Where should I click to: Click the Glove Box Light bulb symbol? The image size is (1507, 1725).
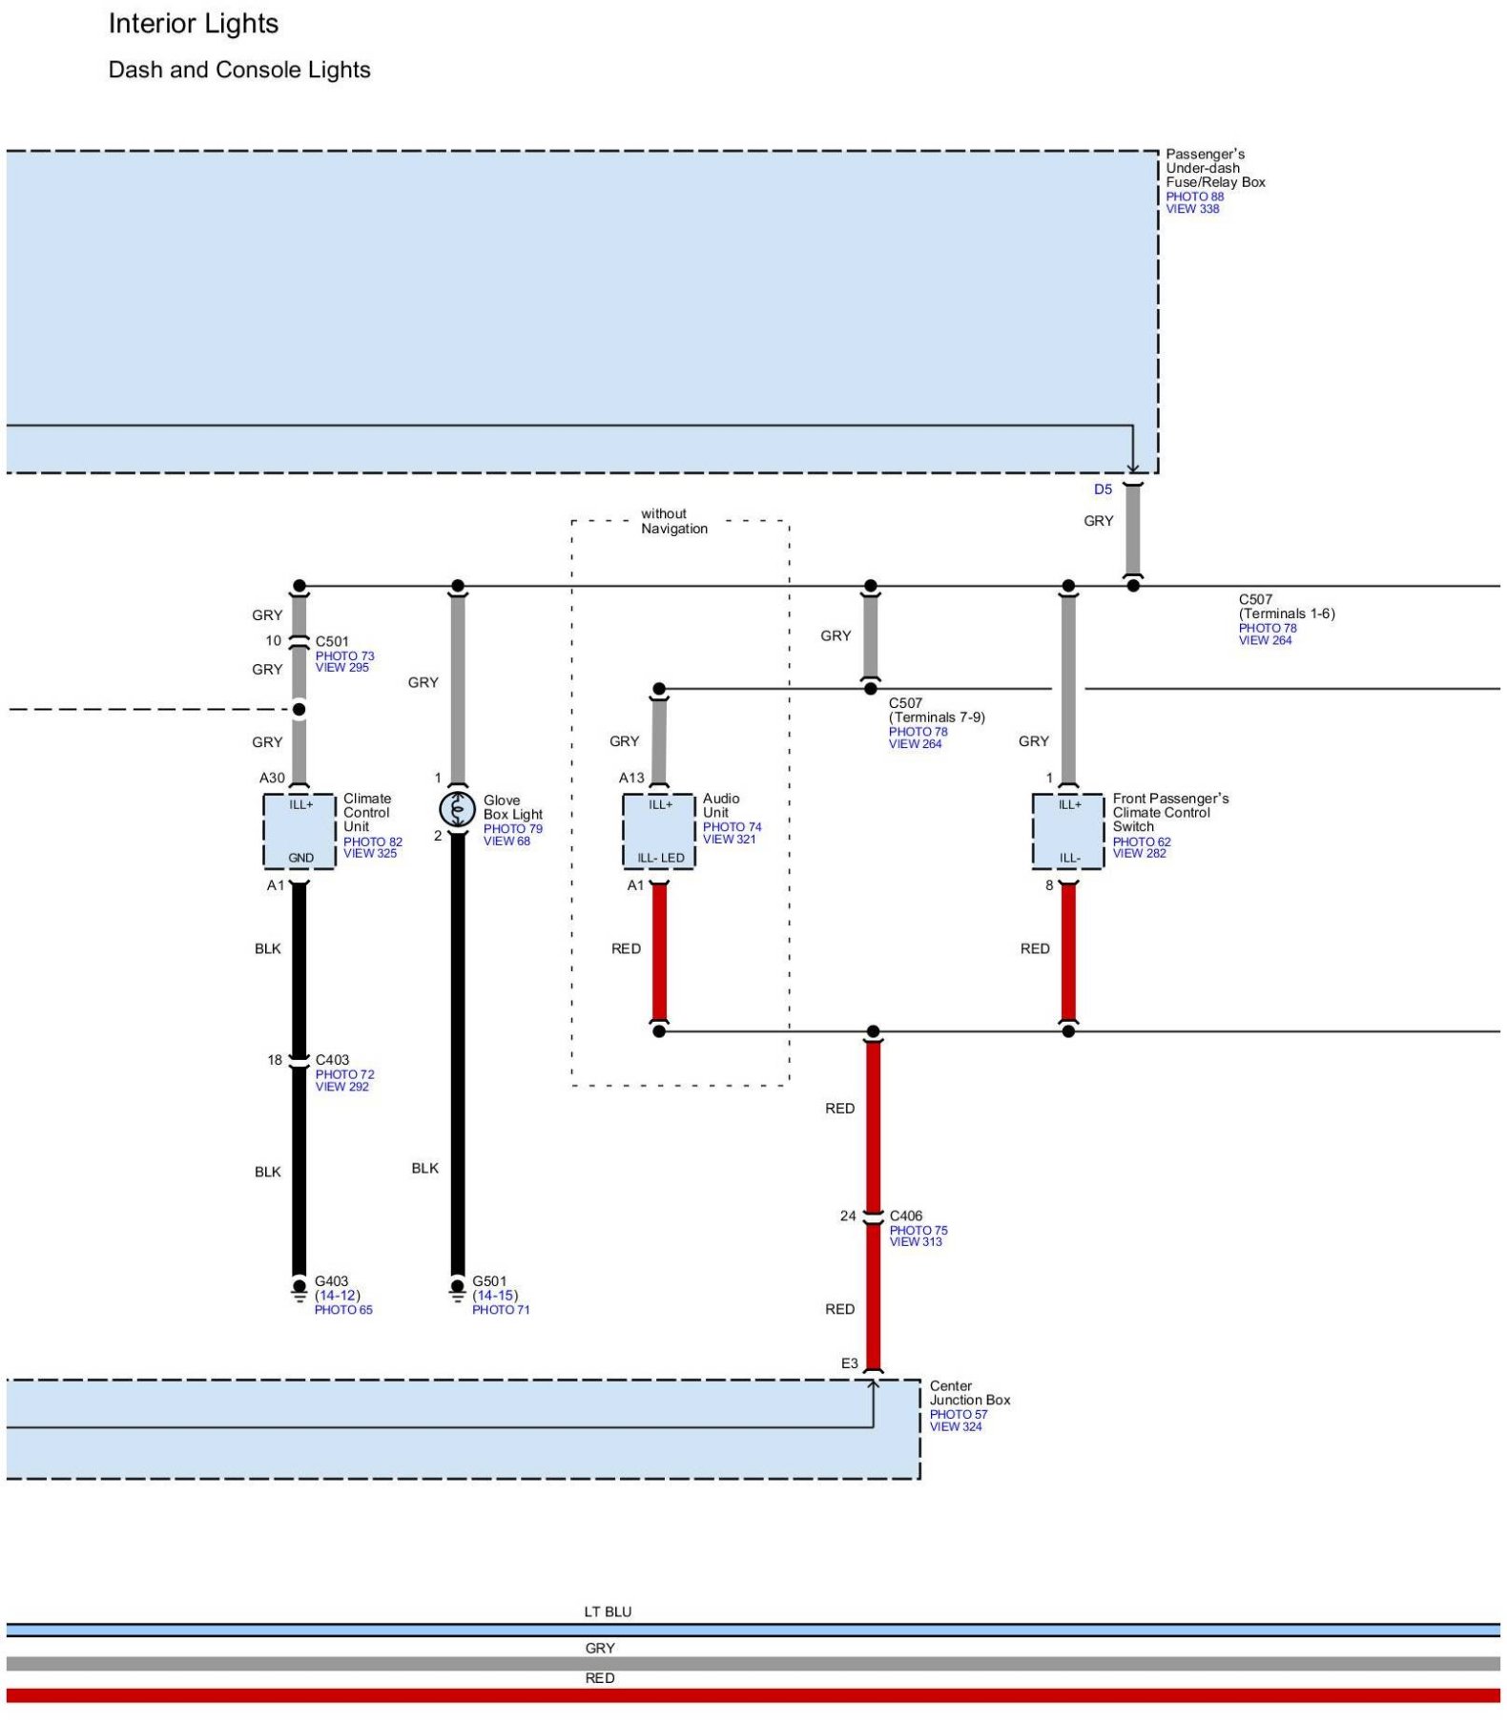(457, 809)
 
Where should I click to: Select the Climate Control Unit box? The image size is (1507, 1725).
(299, 831)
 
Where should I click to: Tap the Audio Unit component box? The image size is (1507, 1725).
(659, 831)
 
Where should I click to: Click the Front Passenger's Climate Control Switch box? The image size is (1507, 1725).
(1068, 831)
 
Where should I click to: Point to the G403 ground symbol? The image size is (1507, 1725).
(299, 1291)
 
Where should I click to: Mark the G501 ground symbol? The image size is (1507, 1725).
(458, 1291)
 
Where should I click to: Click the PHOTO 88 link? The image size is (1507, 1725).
(1194, 197)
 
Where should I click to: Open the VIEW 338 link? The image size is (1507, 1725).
(1192, 209)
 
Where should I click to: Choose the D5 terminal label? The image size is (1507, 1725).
(1103, 489)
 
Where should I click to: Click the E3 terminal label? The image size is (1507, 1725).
(849, 1363)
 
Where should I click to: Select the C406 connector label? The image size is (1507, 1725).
(905, 1216)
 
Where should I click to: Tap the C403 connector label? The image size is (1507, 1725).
(332, 1060)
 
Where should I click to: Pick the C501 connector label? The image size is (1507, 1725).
(332, 641)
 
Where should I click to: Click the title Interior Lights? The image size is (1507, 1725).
(194, 24)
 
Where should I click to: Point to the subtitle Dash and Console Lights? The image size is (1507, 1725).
(239, 70)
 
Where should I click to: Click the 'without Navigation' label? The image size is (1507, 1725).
(673, 521)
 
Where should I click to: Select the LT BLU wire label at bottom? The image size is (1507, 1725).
(608, 1611)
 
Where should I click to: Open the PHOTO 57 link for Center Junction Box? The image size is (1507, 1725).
(959, 1414)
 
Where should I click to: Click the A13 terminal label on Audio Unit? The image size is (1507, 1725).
(631, 778)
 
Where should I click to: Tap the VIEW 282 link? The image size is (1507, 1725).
(1139, 853)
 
